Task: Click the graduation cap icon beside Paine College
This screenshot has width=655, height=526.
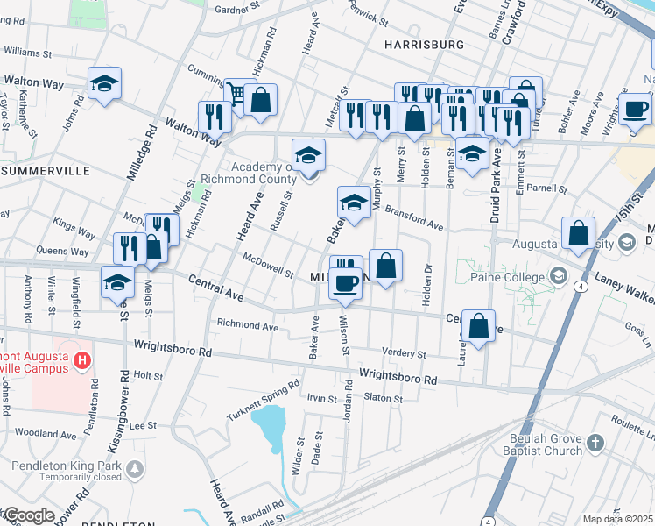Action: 558,277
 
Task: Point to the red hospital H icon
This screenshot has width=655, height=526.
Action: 81,359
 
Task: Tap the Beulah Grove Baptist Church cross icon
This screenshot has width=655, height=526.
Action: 595,441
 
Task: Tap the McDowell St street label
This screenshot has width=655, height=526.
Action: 268,265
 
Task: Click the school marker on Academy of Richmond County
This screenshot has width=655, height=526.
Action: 308,155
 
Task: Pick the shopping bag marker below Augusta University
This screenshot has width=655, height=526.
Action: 578,233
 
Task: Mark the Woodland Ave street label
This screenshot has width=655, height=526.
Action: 46,434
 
